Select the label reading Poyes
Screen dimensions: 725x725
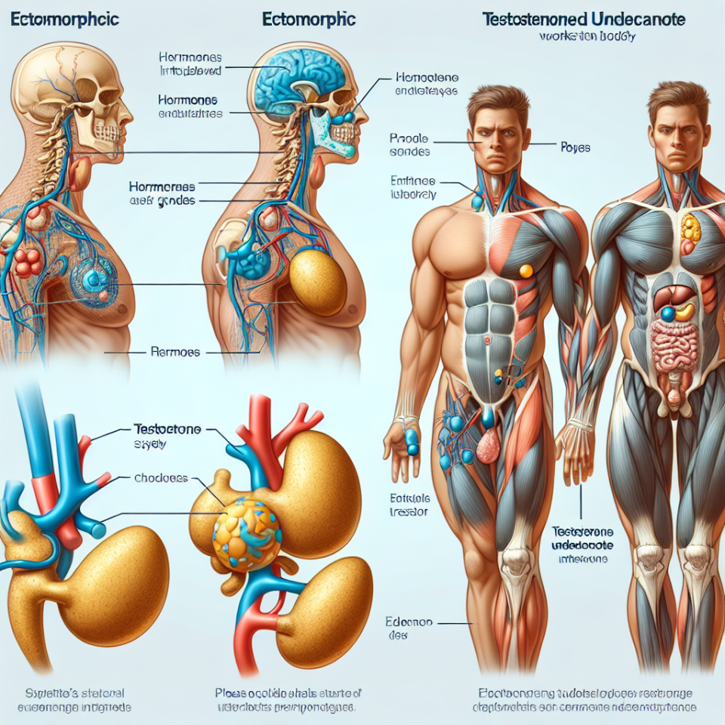pos(575,148)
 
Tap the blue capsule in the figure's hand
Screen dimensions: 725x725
pos(412,441)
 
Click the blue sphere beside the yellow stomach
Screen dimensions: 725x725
pos(668,313)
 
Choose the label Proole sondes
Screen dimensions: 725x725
pos(410,146)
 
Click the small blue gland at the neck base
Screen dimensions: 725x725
pos(477,202)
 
